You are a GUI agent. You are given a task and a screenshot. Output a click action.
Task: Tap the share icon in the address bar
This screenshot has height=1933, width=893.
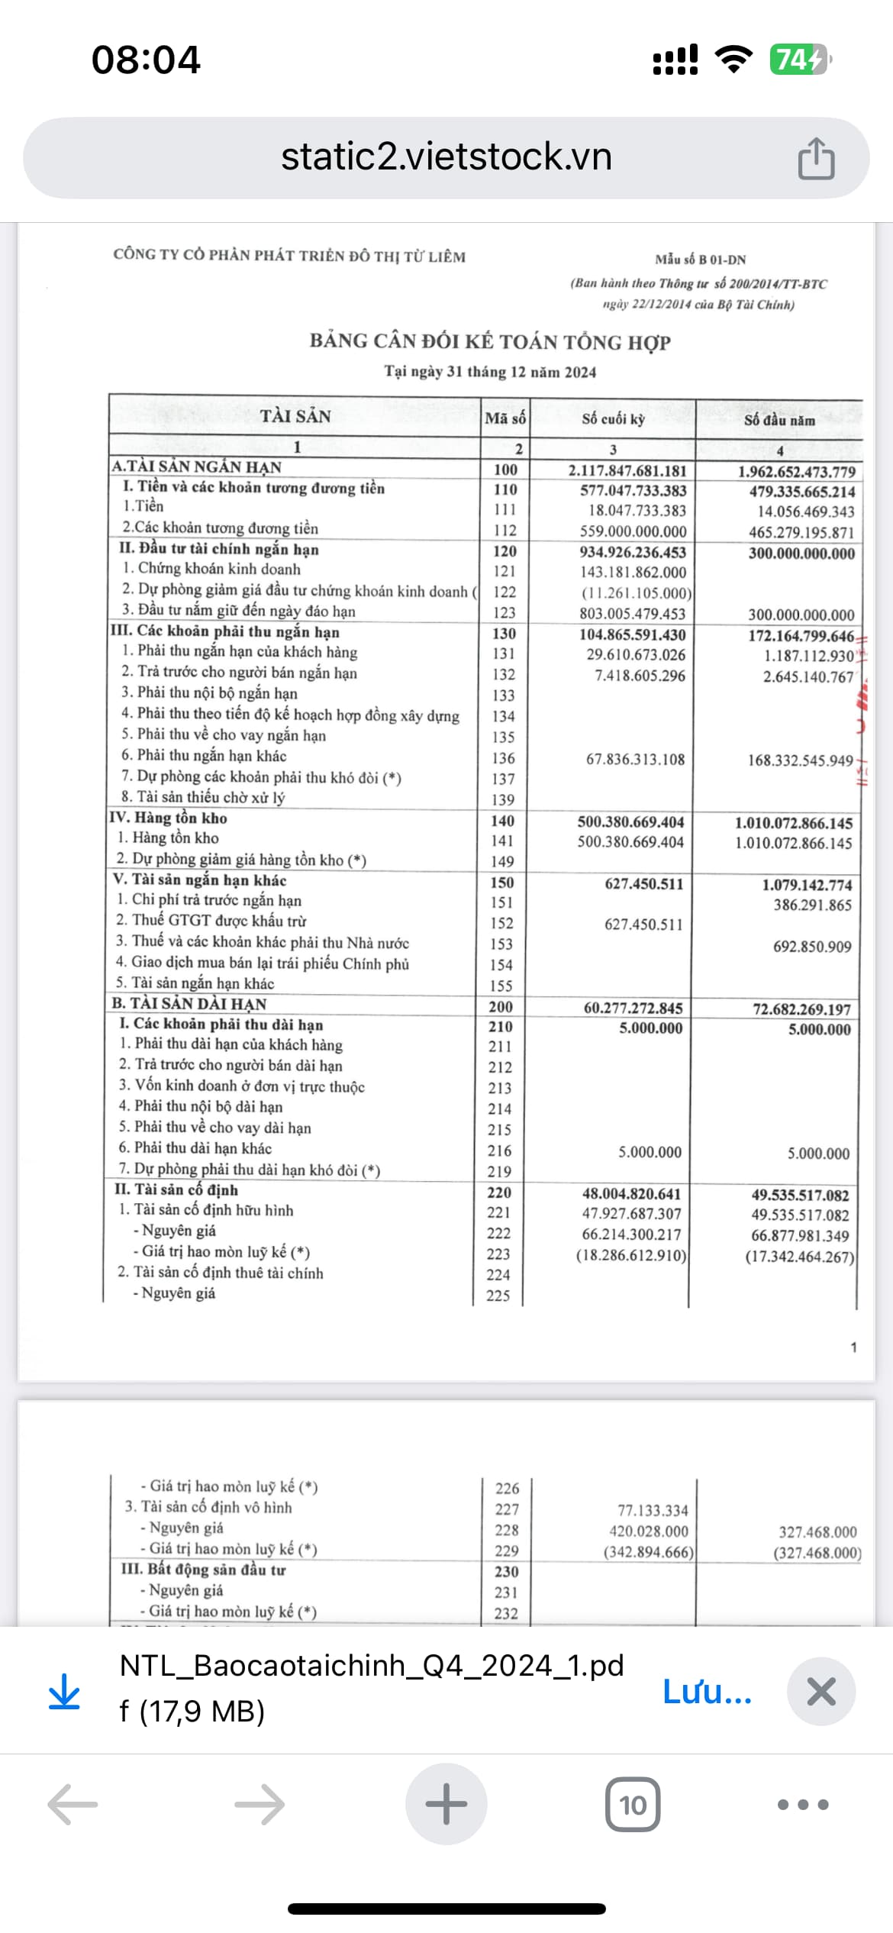point(816,159)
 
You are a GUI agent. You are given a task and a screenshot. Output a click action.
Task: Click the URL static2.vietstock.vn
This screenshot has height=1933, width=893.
point(446,157)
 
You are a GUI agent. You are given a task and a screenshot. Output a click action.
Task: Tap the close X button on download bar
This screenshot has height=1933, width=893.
point(820,1692)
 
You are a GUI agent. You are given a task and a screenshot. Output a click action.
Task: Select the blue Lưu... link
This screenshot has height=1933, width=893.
point(707,1692)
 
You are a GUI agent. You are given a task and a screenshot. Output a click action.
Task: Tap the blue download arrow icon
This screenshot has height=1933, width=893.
point(64,1692)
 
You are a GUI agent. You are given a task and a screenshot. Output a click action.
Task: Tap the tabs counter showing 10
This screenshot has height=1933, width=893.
point(632,1805)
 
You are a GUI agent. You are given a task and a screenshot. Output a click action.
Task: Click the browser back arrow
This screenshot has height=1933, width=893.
point(73,1805)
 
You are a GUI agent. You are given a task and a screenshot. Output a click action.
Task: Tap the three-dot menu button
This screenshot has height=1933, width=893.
point(802,1805)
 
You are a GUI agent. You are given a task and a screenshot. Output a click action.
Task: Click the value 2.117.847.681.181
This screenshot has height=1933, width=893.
point(627,471)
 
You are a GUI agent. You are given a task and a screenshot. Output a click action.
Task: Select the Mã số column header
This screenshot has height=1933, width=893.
point(505,418)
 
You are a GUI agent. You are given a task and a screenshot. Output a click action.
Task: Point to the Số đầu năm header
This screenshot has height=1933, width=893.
point(779,420)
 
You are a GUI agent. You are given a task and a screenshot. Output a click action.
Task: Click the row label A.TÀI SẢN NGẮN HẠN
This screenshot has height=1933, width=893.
point(197,466)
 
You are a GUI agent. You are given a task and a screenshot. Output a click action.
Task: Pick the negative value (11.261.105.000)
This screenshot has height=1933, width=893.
point(636,593)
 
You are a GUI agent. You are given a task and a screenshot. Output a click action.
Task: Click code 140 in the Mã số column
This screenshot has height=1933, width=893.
point(502,821)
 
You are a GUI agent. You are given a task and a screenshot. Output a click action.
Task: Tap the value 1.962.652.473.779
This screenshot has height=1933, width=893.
point(796,472)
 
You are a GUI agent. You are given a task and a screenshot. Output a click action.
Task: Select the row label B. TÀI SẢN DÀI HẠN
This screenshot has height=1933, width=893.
point(189,1004)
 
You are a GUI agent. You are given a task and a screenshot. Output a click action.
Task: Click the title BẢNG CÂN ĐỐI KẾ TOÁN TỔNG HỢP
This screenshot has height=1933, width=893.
point(490,341)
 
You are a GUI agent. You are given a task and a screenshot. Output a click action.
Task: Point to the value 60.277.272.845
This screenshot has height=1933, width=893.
point(633,1008)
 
